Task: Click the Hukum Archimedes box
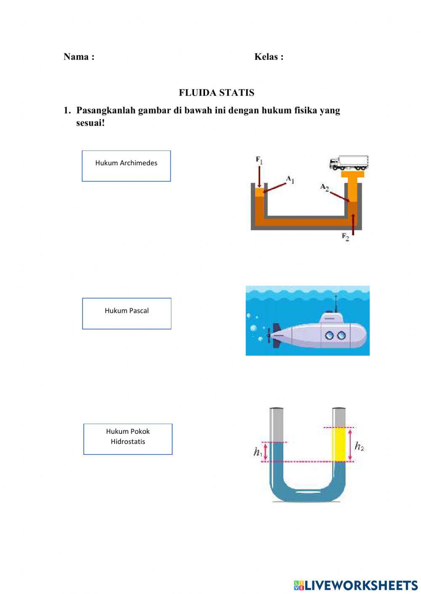coord(126,166)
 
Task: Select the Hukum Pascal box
coord(127,314)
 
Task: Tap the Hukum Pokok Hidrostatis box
coord(128,439)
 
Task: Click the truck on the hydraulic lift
coord(349,162)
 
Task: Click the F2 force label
coord(345,237)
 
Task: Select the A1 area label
coord(290,180)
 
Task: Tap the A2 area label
coord(324,187)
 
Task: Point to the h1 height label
coord(258,451)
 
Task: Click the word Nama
coord(76,56)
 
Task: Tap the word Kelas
coord(266,56)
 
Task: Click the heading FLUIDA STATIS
coord(216,92)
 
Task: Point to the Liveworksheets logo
coord(356,585)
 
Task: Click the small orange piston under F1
coord(259,192)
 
